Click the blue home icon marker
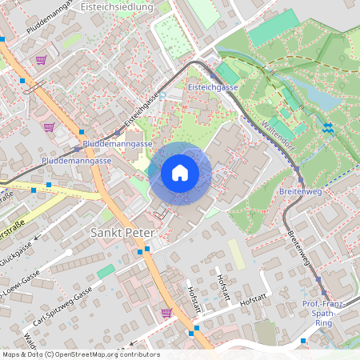180,173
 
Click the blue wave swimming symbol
328,127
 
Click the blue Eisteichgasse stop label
212,86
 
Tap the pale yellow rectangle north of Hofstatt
235,255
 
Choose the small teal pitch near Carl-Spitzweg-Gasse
106,271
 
